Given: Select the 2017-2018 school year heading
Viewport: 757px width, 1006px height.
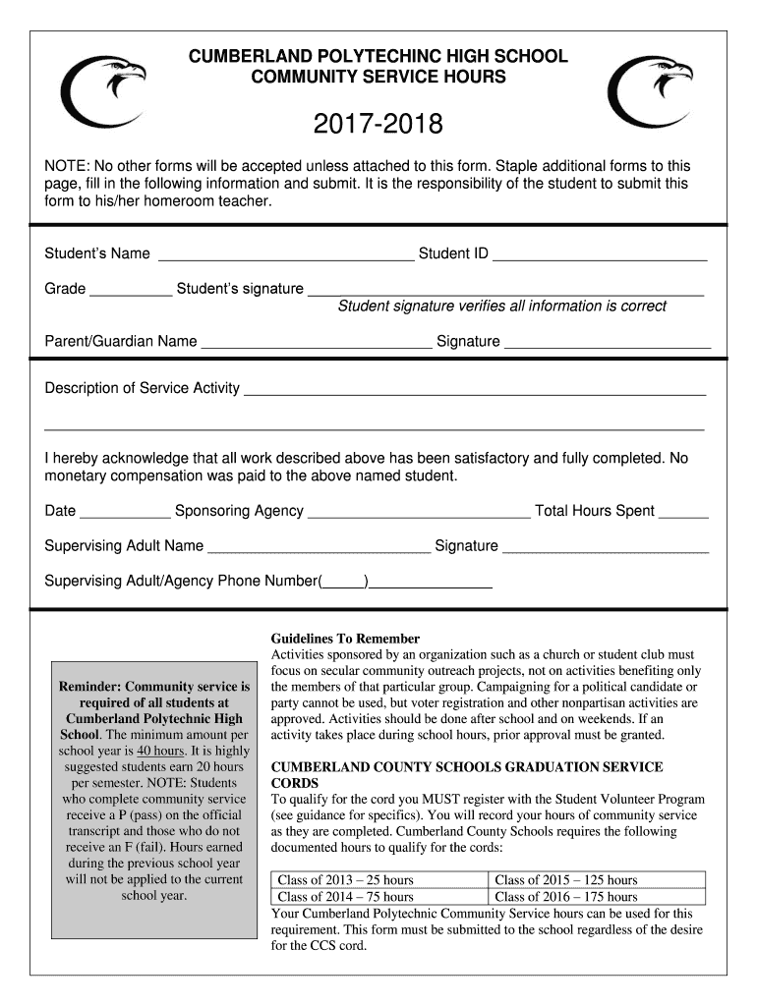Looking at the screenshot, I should coord(378,125).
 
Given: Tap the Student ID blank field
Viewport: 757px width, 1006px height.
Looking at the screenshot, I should coord(600,254).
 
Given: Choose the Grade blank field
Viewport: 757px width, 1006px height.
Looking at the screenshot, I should coord(130,290).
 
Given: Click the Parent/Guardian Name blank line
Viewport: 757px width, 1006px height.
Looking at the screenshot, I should coord(316,343).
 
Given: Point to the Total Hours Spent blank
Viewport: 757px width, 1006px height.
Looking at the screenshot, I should coord(683,512).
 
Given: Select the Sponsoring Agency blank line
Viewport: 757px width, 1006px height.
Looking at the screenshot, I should coord(419,512).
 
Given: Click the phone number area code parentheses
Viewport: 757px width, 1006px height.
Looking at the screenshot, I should coord(343,582).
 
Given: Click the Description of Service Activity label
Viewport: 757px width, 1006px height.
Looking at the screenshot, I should coord(143,388).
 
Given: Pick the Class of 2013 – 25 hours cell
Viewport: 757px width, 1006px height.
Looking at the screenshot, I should coord(378,879).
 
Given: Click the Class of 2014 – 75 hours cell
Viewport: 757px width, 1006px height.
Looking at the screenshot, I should coord(378,896).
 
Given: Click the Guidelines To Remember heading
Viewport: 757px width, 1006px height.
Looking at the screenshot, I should coord(345,639).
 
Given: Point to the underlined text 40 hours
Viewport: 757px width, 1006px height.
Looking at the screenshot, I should coord(157,751).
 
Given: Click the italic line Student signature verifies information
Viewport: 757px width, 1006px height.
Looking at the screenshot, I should coord(501,307).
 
